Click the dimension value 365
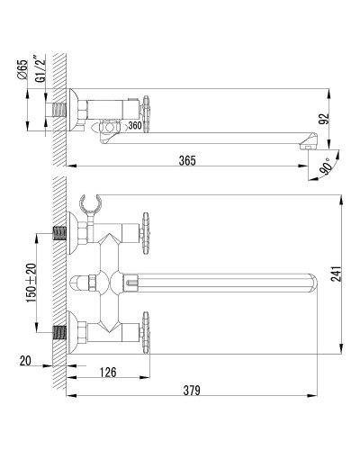tap(187, 160)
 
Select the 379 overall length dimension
tap(192, 391)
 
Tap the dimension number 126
tap(108, 373)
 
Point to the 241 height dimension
tap(337, 274)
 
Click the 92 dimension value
tap(325, 119)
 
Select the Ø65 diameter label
tap(22, 69)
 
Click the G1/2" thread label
tap(40, 68)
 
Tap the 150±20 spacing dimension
tap(31, 283)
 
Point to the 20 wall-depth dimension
tap(25, 361)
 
